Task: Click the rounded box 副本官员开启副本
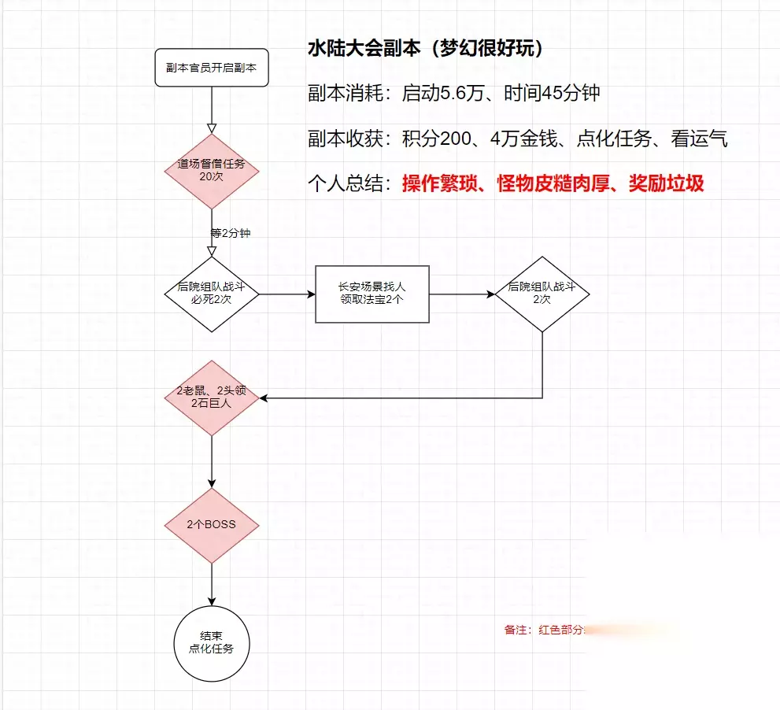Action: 212,68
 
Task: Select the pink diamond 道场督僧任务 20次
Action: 212,171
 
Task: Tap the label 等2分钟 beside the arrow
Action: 231,233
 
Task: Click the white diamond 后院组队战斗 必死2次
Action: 212,294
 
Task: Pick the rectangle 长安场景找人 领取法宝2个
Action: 372,294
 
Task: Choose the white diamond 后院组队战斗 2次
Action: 542,294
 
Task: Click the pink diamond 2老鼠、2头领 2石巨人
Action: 212,398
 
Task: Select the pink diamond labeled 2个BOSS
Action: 212,525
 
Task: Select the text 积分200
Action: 434,139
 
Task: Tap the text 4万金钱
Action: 523,139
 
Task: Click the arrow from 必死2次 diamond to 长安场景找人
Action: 287,294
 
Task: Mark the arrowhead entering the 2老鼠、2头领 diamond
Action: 265,398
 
